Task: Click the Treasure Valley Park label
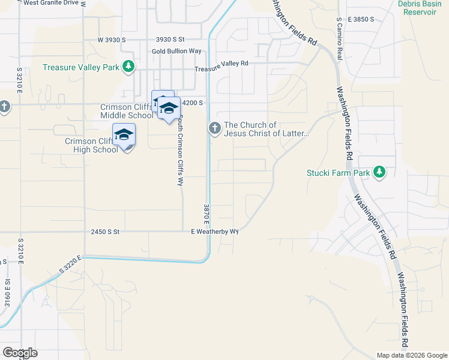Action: point(81,67)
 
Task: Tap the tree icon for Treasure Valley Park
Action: point(128,67)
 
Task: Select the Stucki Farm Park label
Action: point(337,173)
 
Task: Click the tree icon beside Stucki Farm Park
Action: point(379,173)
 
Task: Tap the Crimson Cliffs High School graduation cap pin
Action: point(124,134)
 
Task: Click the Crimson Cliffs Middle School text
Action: point(127,112)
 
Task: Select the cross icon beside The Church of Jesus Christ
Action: point(214,128)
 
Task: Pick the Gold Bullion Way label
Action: point(176,52)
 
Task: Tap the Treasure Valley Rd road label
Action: point(221,67)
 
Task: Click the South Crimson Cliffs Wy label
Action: point(179,151)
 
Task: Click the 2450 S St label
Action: point(106,231)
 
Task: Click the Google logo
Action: point(20,352)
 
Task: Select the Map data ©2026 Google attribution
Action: point(411,355)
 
